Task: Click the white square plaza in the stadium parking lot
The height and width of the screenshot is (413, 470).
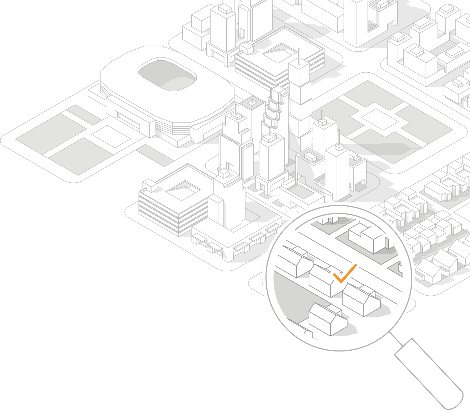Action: (x=111, y=136)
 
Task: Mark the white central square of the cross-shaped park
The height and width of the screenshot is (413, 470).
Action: (x=380, y=119)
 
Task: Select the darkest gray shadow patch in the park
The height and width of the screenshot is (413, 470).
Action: (x=385, y=149)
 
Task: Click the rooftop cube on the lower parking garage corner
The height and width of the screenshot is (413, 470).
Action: (x=150, y=185)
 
